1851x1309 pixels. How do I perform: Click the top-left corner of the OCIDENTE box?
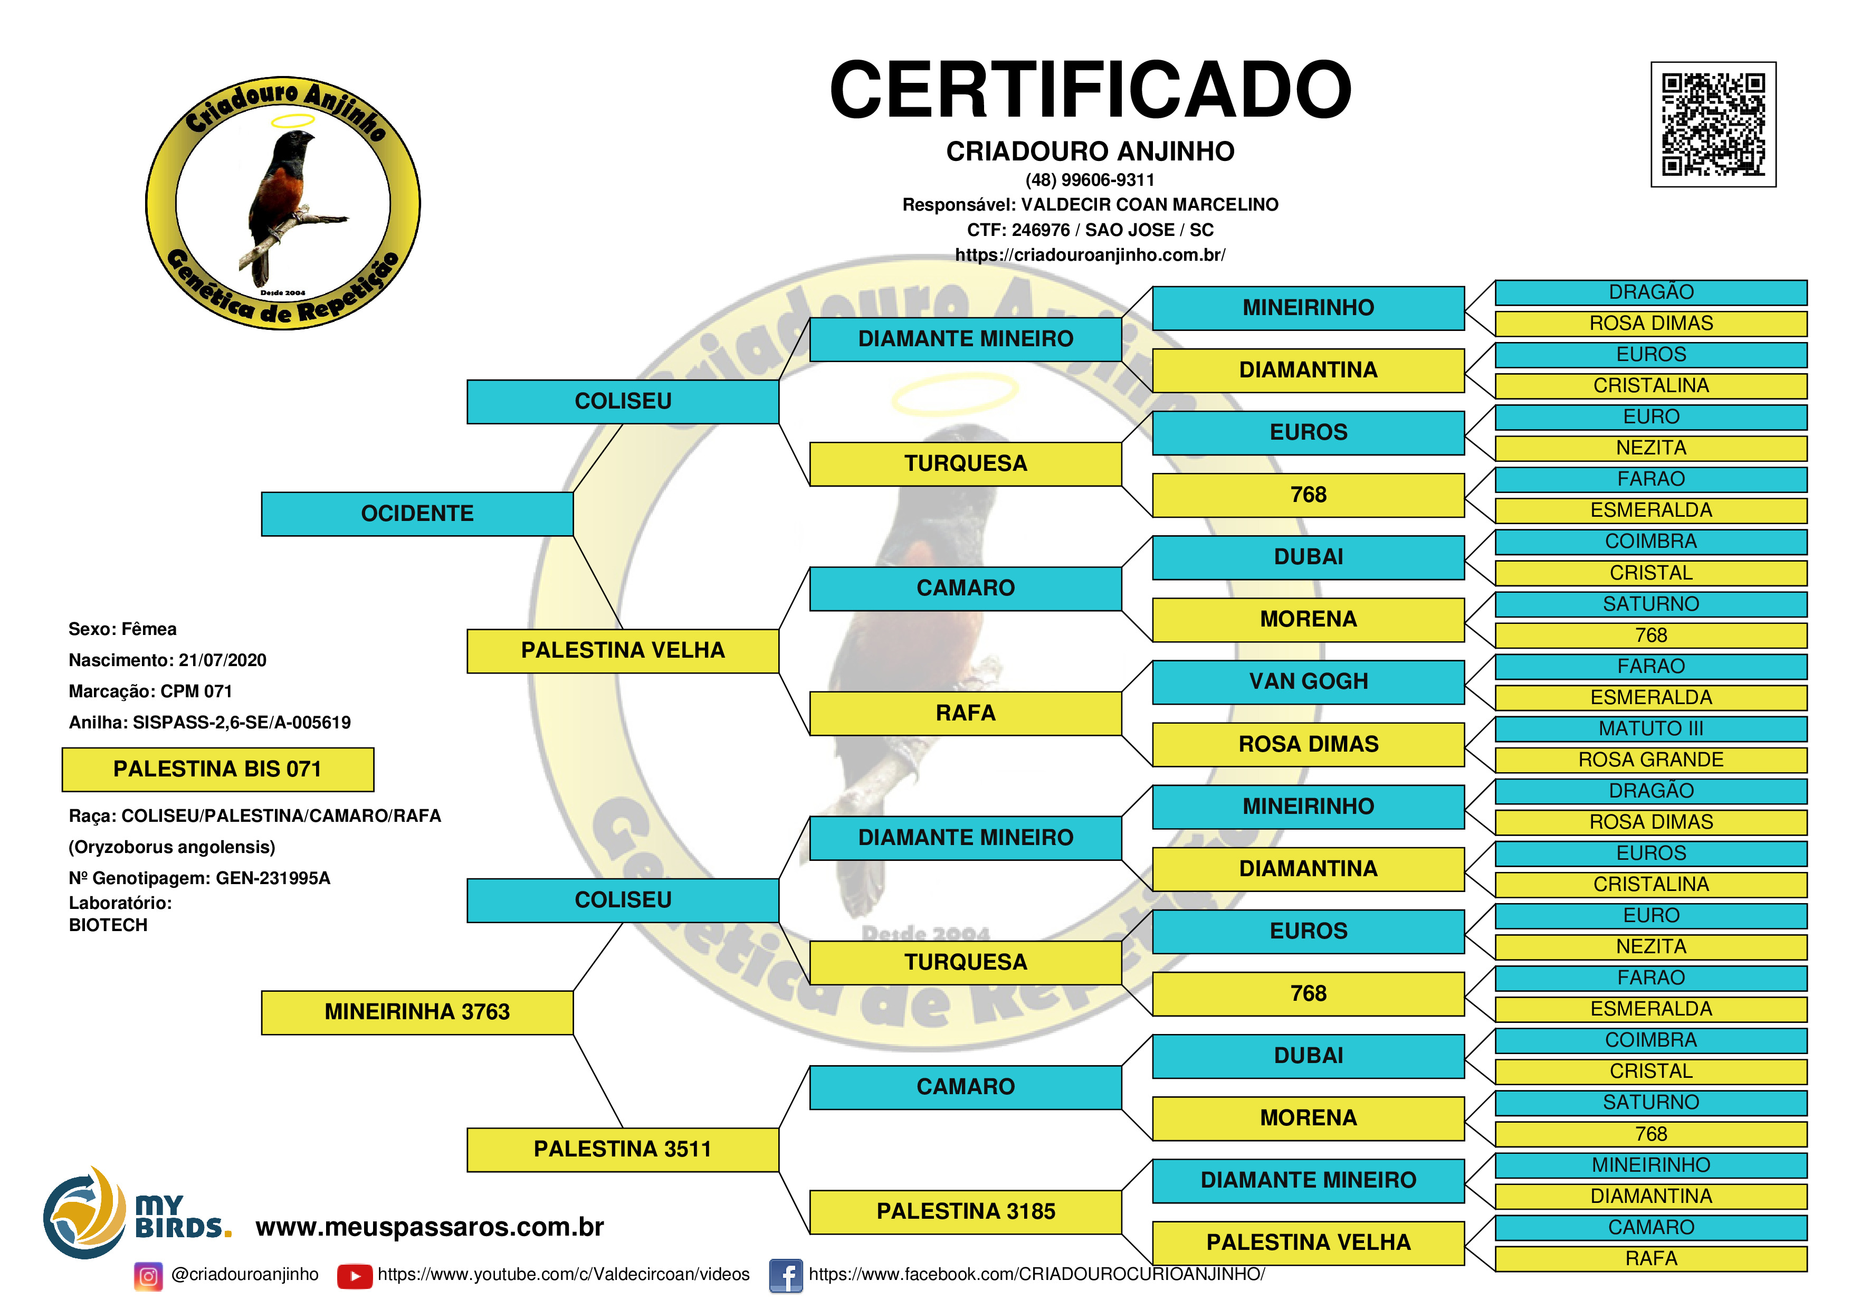point(262,493)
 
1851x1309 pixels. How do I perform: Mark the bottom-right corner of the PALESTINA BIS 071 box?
point(374,791)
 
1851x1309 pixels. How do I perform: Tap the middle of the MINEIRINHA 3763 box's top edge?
point(417,991)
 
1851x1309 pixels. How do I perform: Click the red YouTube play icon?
point(355,1276)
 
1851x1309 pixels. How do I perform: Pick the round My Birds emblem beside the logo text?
point(84,1212)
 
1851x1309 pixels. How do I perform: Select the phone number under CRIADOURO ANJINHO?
point(1090,180)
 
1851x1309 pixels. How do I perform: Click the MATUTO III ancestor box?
point(1651,728)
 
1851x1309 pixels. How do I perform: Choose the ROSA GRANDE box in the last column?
point(1651,760)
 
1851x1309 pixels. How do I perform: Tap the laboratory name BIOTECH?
point(108,925)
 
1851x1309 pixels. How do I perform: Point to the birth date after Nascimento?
point(223,660)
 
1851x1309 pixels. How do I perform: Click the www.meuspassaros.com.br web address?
point(430,1227)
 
